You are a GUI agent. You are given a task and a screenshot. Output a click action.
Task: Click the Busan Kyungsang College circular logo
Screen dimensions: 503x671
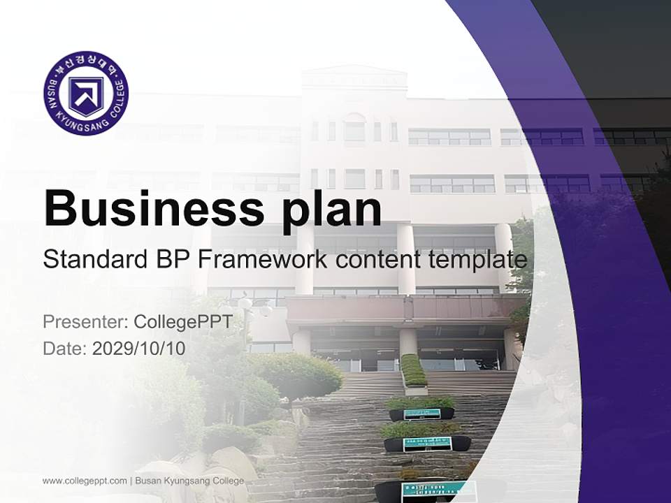click(x=86, y=93)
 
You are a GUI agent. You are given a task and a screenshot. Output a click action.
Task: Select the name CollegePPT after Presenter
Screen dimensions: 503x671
click(x=183, y=322)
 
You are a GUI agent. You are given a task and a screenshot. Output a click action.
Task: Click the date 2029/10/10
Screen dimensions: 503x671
click(x=139, y=348)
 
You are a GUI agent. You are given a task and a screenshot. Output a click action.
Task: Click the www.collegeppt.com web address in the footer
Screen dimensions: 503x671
click(x=85, y=481)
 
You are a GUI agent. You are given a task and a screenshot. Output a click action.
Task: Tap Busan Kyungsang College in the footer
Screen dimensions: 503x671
click(x=189, y=481)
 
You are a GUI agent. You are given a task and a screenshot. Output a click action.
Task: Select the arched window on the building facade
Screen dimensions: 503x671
click(x=354, y=127)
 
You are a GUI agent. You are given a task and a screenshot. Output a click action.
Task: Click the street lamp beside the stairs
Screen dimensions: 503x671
click(x=245, y=307)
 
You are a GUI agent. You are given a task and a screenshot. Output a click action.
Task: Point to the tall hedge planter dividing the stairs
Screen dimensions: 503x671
click(x=413, y=370)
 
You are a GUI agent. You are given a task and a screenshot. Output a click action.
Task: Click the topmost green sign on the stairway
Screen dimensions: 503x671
click(x=422, y=414)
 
